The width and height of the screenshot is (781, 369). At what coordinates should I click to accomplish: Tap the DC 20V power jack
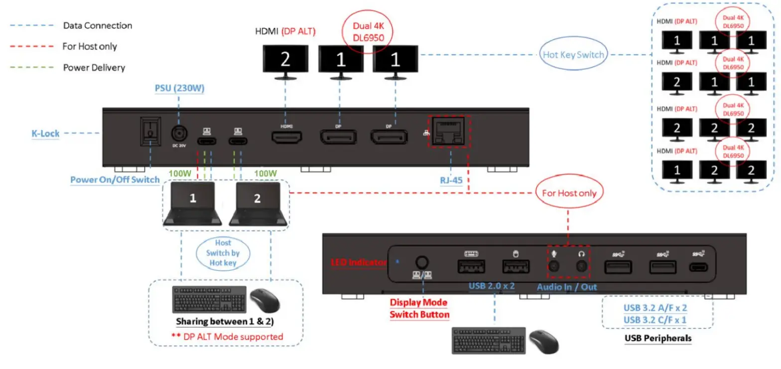(180, 134)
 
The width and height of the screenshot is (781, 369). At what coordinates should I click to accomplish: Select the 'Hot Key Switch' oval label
(573, 55)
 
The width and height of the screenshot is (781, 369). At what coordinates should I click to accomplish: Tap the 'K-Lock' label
(45, 133)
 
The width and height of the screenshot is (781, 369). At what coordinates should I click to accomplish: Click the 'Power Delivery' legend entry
(94, 67)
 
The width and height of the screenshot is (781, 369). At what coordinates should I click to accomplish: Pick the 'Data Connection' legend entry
(97, 25)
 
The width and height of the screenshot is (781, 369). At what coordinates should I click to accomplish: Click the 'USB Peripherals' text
(658, 339)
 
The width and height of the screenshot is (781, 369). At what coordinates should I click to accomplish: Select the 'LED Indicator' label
(359, 262)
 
